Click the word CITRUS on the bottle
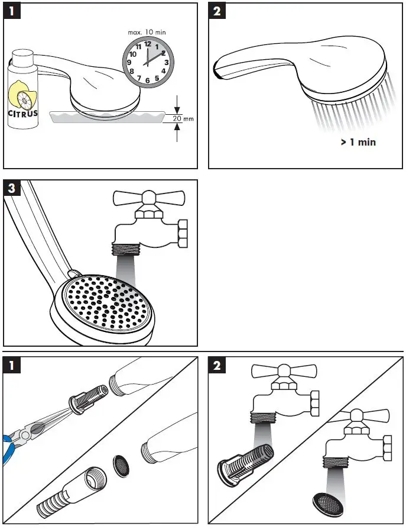[x=23, y=113]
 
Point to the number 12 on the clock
[x=147, y=44]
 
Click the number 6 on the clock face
[x=147, y=80]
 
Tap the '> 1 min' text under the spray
[x=358, y=142]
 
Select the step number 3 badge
[x=13, y=190]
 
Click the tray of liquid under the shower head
[x=106, y=117]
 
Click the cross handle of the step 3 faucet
[x=150, y=197]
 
